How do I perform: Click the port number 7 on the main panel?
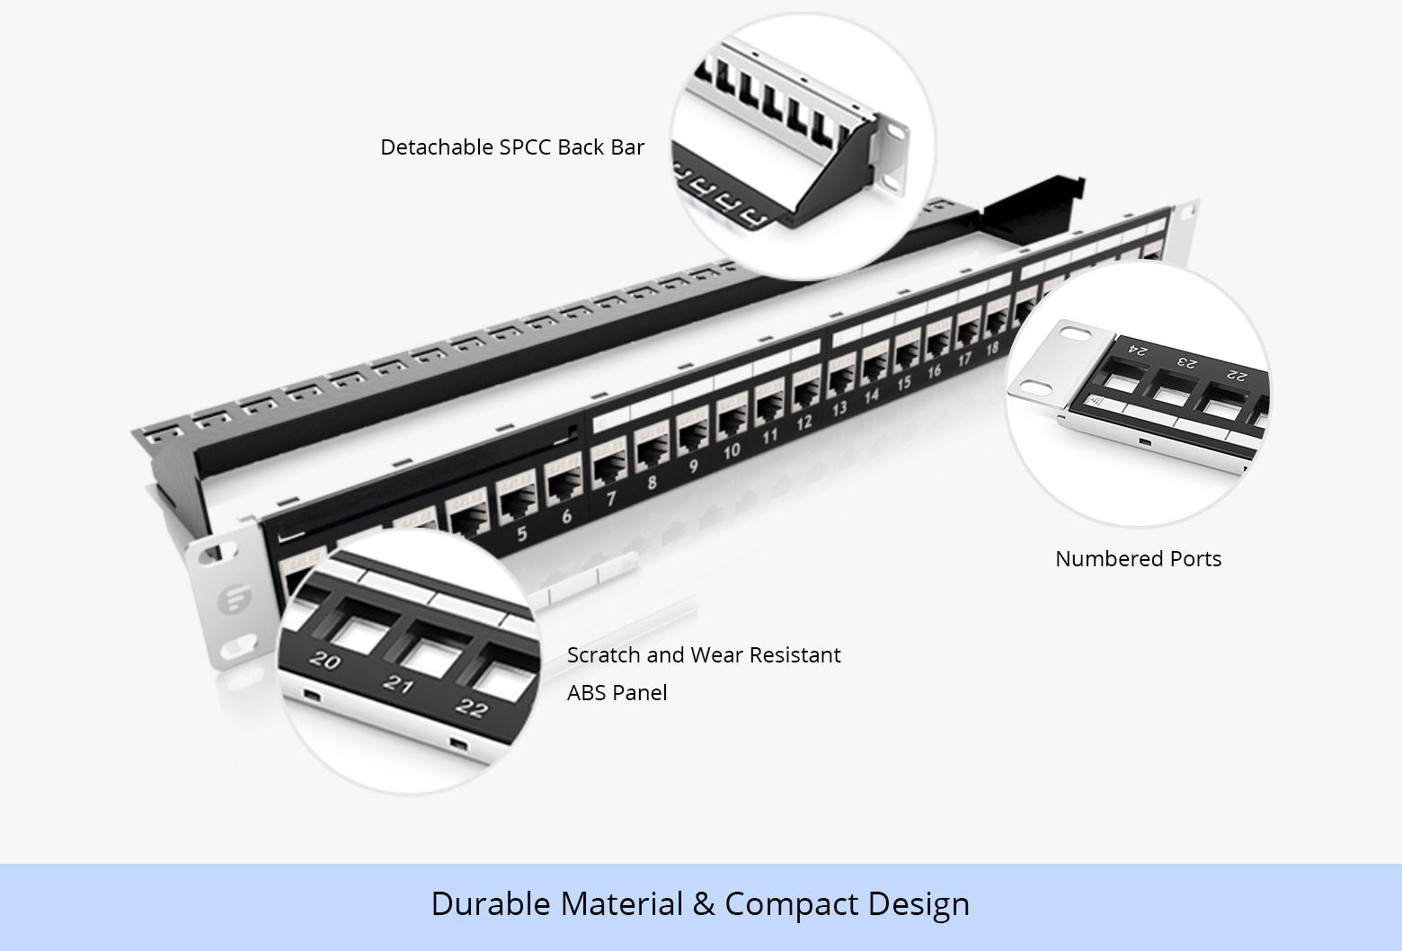(610, 498)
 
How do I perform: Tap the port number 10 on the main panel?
(732, 450)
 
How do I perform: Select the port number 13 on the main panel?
(839, 409)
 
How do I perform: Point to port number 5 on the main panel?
(522, 533)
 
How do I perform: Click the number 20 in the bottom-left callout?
(324, 661)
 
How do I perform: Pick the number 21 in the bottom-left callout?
(397, 685)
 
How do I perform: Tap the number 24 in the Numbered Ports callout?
(1137, 350)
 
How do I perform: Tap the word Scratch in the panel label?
(604, 655)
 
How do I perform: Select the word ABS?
(585, 693)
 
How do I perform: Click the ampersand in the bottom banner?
(704, 904)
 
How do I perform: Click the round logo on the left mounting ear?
(236, 599)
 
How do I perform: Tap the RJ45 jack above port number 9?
(692, 432)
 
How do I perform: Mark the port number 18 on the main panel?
(992, 349)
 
